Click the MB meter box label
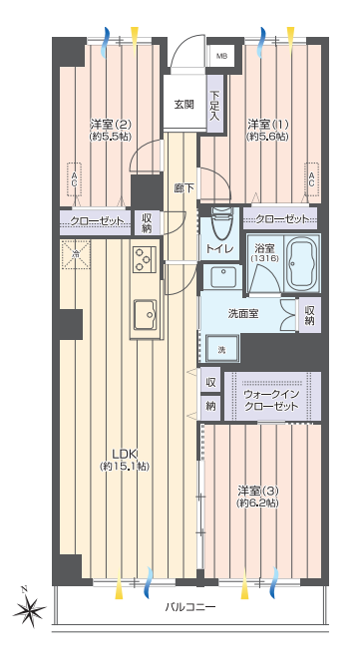[x=221, y=56]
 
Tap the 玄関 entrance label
[x=184, y=105]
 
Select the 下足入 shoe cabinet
[x=214, y=105]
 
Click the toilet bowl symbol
[x=219, y=222]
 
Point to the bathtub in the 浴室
[x=302, y=263]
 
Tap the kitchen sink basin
[x=145, y=314]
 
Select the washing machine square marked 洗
[x=222, y=349]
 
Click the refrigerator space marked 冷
[x=76, y=254]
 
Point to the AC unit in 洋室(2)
[x=74, y=179]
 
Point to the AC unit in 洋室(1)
[x=312, y=179]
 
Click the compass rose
[x=29, y=610]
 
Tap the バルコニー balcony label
[x=190, y=607]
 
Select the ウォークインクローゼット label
[x=271, y=400]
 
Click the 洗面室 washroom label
[x=243, y=314]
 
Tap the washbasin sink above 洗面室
[x=223, y=277]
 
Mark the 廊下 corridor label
[x=184, y=187]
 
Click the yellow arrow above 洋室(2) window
[x=135, y=40]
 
